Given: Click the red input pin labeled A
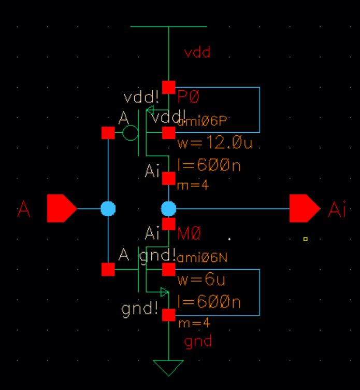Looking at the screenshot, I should pyautogui.click(x=61, y=208).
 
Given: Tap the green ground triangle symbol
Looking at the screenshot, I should pyautogui.click(x=168, y=367).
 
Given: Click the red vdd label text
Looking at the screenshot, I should pyautogui.click(x=197, y=53).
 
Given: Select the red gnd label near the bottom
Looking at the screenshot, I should pyautogui.click(x=198, y=342).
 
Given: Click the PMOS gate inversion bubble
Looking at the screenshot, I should pyautogui.click(x=131, y=134).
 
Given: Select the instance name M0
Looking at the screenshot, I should pyautogui.click(x=189, y=234).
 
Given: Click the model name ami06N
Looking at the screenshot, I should pyautogui.click(x=199, y=258).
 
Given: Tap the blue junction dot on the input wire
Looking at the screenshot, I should pyautogui.click(x=108, y=208).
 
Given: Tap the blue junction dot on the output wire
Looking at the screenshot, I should pyautogui.click(x=168, y=209).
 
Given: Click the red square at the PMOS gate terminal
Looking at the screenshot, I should pyautogui.click(x=108, y=133).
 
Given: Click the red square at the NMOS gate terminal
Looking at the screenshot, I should pyautogui.click(x=108, y=269).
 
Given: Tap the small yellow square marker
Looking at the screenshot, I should pyautogui.click(x=306, y=239).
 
